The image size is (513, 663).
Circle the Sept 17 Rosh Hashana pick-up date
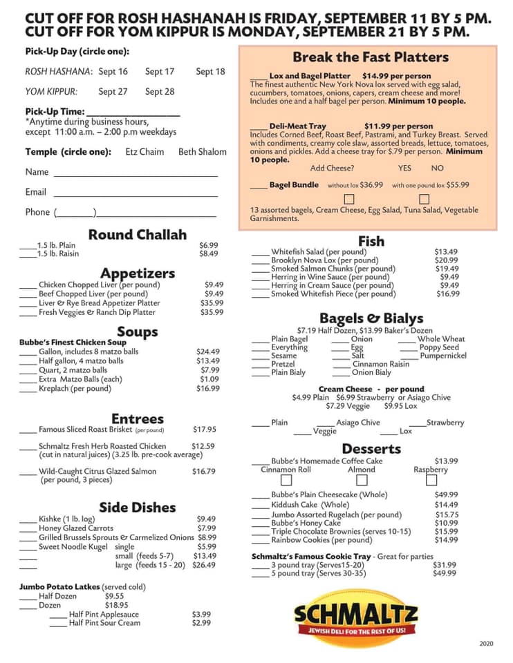pyautogui.click(x=160, y=71)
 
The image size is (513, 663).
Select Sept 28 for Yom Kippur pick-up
pyautogui.click(x=160, y=91)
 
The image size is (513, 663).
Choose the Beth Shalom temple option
pyautogui.click(x=203, y=152)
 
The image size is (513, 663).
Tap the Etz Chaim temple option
pyautogui.click(x=144, y=152)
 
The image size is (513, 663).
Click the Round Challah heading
pyautogui.click(x=137, y=234)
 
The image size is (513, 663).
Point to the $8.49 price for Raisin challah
pyautogui.click(x=208, y=253)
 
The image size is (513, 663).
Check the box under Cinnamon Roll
pyautogui.click(x=286, y=480)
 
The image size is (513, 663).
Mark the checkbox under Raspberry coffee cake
pyautogui.click(x=431, y=480)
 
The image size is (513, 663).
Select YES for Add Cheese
pyautogui.click(x=404, y=168)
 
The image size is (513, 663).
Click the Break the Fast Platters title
pyautogui.click(x=370, y=57)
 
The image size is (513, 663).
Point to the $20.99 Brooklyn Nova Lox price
pyautogui.click(x=447, y=260)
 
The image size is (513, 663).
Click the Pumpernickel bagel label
pyautogui.click(x=443, y=356)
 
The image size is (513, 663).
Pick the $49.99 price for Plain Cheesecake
pyautogui.click(x=446, y=494)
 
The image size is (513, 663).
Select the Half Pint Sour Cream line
pyautogui.click(x=104, y=623)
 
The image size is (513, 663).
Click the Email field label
pyautogui.click(x=36, y=192)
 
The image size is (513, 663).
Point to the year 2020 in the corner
pyautogui.click(x=486, y=644)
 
